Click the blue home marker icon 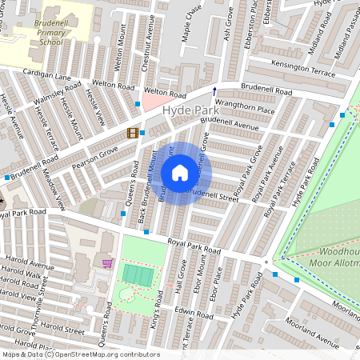180,173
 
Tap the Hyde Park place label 188,110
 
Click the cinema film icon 132,133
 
